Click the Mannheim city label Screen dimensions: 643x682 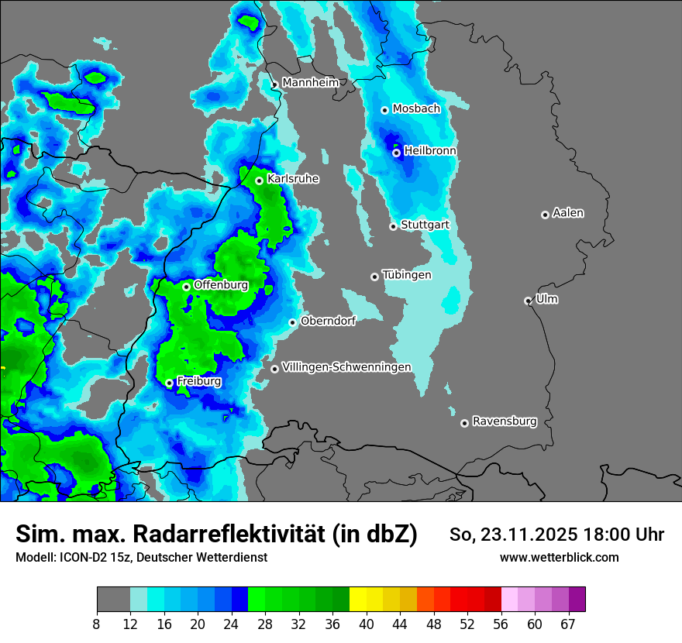pyautogui.click(x=311, y=82)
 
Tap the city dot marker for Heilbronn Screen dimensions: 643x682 pyautogui.click(x=396, y=153)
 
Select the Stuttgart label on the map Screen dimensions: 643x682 pyautogui.click(x=425, y=225)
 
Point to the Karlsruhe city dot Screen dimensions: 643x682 pyautogui.click(x=260, y=181)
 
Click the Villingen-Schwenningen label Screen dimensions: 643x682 pyautogui.click(x=346, y=367)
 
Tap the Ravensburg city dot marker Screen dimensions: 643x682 pyautogui.click(x=464, y=423)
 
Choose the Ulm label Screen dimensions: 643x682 pyautogui.click(x=546, y=299)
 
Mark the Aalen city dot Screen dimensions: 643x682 pyautogui.click(x=545, y=215)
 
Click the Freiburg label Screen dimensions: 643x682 pyautogui.click(x=199, y=381)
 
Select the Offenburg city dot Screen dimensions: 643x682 pyautogui.click(x=186, y=287)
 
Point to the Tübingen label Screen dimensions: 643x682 pyautogui.click(x=407, y=275)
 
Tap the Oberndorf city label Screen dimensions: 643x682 pyautogui.click(x=328, y=321)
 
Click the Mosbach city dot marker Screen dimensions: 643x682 pyautogui.click(x=384, y=110)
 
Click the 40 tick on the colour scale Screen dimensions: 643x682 pyautogui.click(x=367, y=624)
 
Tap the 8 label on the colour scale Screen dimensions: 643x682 pyautogui.click(x=97, y=624)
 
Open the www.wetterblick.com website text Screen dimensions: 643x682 pyautogui.click(x=560, y=557)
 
